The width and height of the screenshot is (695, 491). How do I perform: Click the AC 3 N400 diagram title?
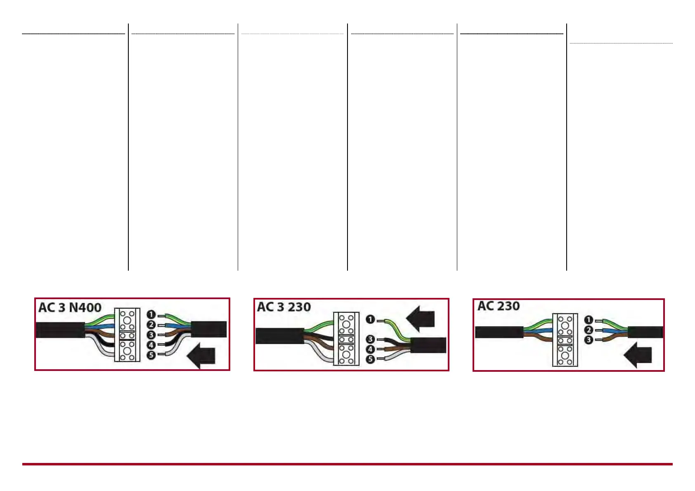pos(70,308)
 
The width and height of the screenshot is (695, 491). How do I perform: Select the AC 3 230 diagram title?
pos(284,307)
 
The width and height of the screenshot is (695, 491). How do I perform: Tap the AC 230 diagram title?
pos(499,306)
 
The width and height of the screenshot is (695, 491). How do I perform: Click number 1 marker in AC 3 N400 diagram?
pos(151,315)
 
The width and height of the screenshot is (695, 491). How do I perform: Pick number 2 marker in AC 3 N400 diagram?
pos(151,325)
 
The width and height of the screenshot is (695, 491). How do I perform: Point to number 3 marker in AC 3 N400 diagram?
pos(151,335)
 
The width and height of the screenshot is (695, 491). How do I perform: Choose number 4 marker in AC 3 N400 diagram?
pos(151,345)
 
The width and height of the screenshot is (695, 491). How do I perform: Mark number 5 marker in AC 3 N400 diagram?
pos(151,354)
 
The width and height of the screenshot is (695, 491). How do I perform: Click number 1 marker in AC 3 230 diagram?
pos(371,319)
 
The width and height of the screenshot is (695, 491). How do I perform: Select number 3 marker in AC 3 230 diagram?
pos(371,340)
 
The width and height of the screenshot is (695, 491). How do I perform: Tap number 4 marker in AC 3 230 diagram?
pos(371,349)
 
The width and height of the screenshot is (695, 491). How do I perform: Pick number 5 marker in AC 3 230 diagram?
pos(371,359)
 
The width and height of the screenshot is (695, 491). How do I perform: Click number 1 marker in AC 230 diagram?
pos(589,320)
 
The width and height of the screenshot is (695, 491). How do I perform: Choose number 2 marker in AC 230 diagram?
pos(589,330)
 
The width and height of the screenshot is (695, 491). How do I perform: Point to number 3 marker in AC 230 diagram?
pos(589,340)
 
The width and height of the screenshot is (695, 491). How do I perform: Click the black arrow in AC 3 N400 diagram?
pos(202,355)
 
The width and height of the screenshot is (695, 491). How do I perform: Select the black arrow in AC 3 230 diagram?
pos(421,319)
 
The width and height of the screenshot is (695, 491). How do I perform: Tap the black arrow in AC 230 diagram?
pos(638,355)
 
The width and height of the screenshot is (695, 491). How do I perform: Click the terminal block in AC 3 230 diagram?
pos(346,339)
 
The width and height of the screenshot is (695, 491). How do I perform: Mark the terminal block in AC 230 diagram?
pos(565,340)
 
